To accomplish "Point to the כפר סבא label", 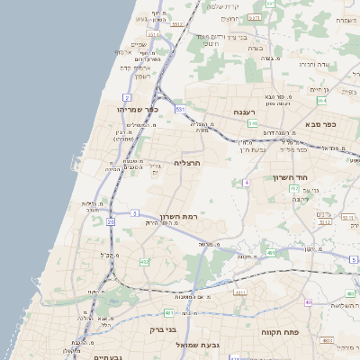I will pos(320,123).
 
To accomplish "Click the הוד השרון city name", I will pos(290,177).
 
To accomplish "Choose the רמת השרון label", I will pos(178,217).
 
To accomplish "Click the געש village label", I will pos(141,18).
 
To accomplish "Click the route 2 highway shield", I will pos(127,96).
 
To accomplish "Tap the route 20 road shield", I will pos(110,220).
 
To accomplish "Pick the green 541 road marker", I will pos(254,122).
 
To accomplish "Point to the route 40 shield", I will pos(308,301).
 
